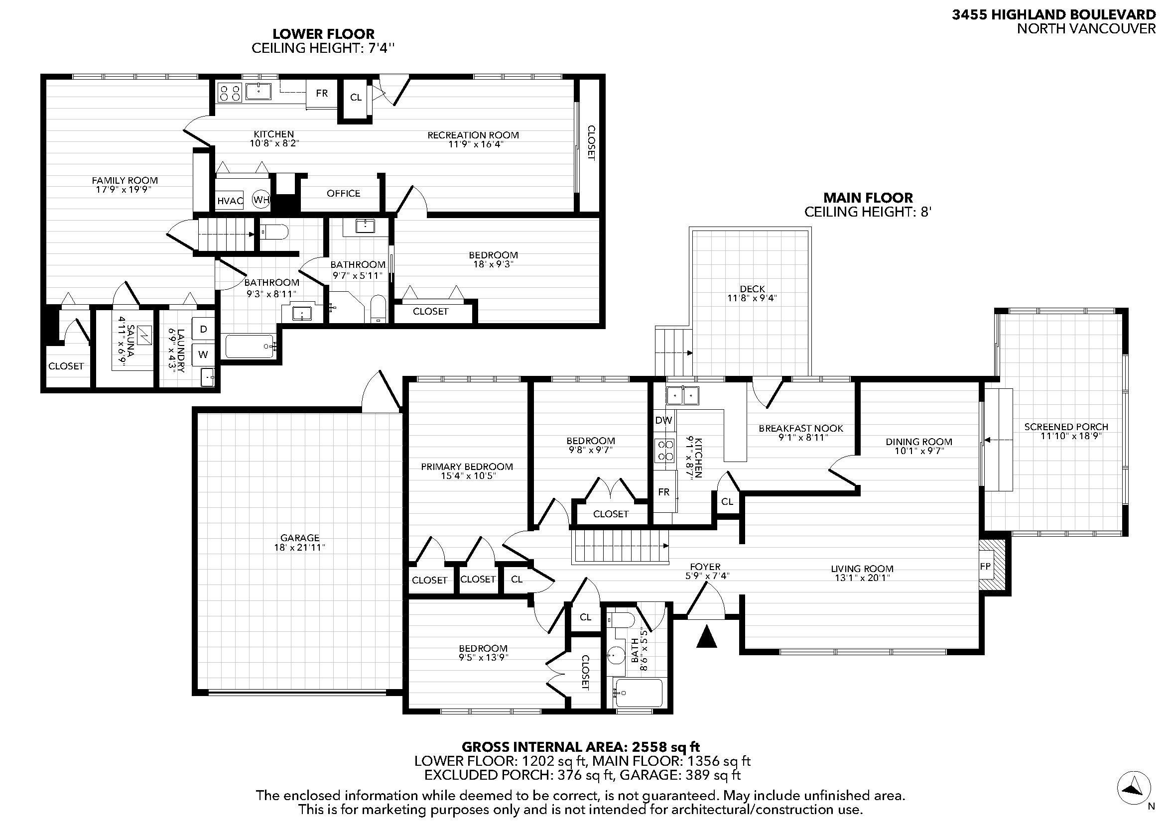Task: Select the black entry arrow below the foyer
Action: click(706, 637)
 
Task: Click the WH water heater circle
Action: click(261, 199)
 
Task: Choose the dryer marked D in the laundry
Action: click(204, 329)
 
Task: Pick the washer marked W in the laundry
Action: click(204, 354)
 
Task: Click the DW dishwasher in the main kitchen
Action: click(663, 420)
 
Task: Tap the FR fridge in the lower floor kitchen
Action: click(322, 93)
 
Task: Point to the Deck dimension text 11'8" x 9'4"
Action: click(752, 298)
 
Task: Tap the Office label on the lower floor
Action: click(344, 193)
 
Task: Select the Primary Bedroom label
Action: click(467, 467)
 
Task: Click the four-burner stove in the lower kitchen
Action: click(229, 93)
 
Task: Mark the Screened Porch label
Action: click(1066, 427)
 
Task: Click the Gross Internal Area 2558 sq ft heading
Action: click(580, 747)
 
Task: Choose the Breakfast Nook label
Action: click(801, 429)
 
